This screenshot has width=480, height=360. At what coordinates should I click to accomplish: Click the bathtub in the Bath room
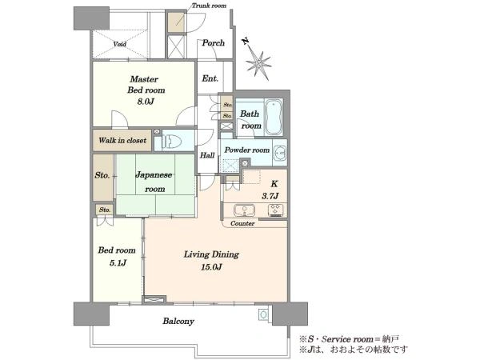pos(274,117)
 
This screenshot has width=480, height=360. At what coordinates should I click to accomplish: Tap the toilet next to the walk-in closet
pos(171,141)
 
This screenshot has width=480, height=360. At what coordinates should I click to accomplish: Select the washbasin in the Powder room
pos(280,152)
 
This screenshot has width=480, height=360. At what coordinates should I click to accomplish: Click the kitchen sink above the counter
pos(244,210)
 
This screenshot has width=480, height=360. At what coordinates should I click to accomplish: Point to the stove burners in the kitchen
pos(276,210)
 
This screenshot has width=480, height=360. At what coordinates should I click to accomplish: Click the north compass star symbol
pos(258,63)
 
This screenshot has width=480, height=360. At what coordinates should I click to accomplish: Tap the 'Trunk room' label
pos(209,6)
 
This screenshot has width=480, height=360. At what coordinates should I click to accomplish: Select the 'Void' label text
pos(119,44)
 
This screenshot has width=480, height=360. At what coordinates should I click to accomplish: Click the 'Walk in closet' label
pos(122,141)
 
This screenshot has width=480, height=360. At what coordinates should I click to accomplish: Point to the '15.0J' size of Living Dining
pos(211,267)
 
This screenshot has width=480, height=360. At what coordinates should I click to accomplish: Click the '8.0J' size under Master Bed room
pos(146,102)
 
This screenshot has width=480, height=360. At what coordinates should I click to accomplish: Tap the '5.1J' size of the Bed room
pos(118,263)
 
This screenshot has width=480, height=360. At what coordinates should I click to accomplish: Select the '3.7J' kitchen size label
pos(270,196)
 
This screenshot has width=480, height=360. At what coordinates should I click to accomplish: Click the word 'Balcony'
pos(178,321)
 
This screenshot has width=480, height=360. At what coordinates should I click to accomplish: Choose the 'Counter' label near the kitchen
pos(242,223)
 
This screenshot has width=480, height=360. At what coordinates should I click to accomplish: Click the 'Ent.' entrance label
pos(210,78)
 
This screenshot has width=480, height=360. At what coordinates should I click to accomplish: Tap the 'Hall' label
pos(207,155)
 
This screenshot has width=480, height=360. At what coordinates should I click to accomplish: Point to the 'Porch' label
pos(214,43)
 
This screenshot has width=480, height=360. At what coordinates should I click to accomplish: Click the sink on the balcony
pos(263,314)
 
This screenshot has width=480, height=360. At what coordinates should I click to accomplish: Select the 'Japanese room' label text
pos(154,182)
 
